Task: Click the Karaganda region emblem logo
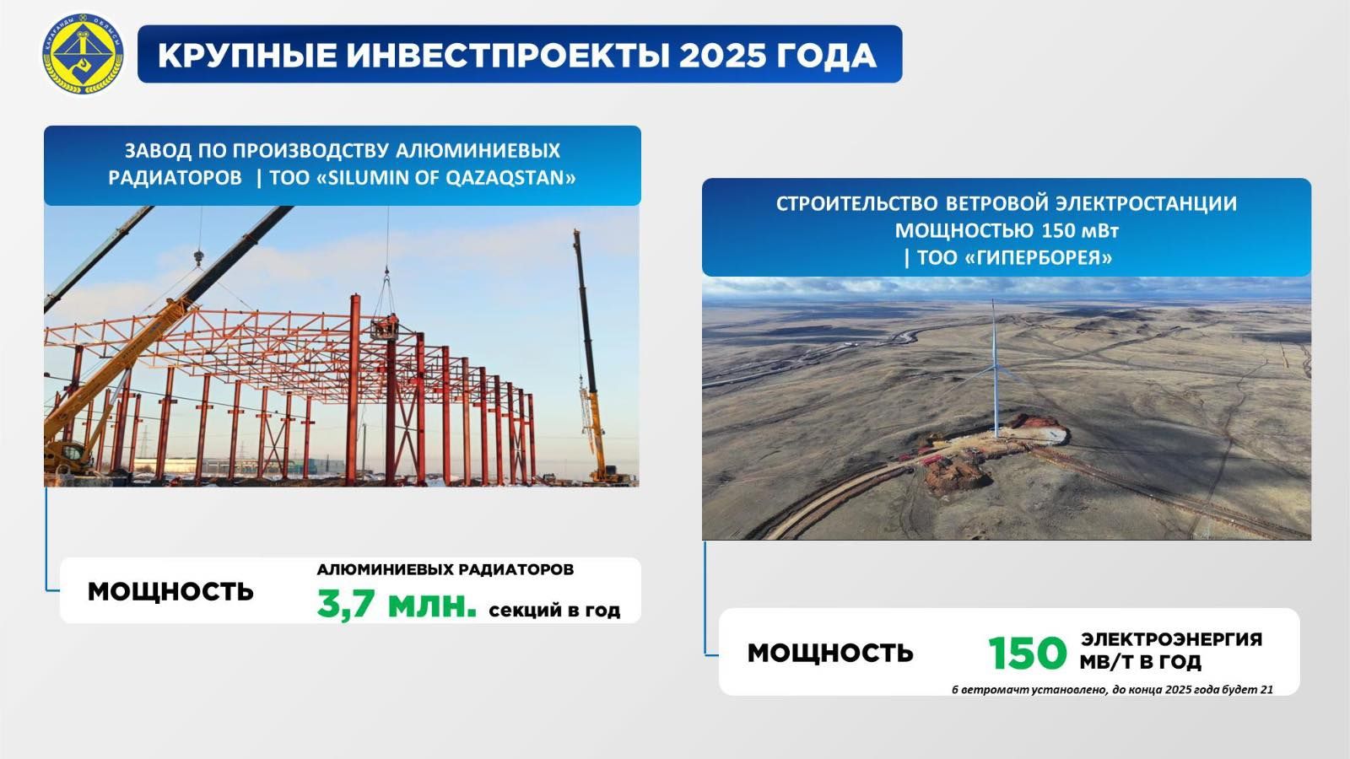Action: point(83,54)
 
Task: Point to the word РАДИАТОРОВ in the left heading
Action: point(175,178)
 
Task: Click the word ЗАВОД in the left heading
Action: point(159,151)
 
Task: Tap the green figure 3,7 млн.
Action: point(396,604)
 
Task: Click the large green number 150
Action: point(1027,654)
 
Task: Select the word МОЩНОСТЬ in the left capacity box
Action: point(170,591)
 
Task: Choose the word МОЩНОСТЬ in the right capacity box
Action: point(830,653)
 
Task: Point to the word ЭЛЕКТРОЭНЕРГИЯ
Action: point(1171,639)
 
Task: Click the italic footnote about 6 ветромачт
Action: point(1113,690)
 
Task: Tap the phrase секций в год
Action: point(554,611)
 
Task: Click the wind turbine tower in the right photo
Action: point(995,369)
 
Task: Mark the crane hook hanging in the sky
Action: point(199,258)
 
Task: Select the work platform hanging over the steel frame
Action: point(385,329)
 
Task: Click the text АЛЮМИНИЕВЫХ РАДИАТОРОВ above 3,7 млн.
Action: point(445,569)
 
